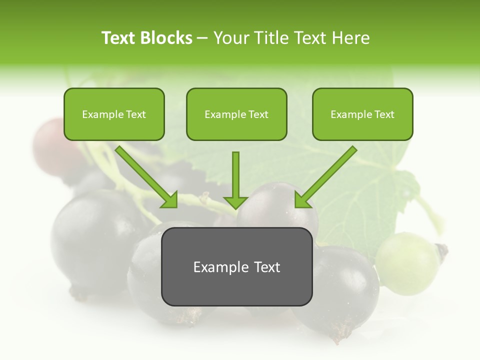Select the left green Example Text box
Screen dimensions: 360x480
pyautogui.click(x=114, y=114)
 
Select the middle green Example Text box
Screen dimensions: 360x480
pyautogui.click(x=236, y=114)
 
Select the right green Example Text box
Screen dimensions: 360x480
pyautogui.click(x=362, y=114)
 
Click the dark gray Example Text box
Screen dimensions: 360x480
pyautogui.click(x=236, y=266)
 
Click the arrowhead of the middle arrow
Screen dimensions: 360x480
pyautogui.click(x=235, y=202)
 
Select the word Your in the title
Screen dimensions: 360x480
pyautogui.click(x=231, y=38)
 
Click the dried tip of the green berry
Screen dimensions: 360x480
pyautogui.click(x=442, y=249)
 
